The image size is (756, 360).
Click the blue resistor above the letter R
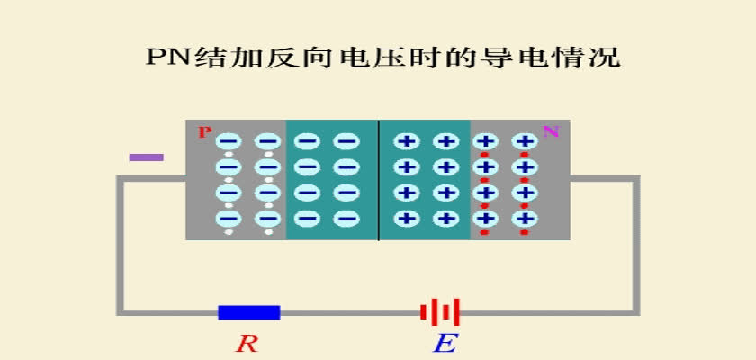pos(248,312)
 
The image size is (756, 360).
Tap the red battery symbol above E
pos(440,312)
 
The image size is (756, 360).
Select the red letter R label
pos(247,344)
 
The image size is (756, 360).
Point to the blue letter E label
pos(445,344)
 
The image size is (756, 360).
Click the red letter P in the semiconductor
pos(205,132)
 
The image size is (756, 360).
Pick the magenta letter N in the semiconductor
pos(551,131)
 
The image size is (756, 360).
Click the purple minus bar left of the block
pos(146,157)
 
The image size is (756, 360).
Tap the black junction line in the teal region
pos(379,180)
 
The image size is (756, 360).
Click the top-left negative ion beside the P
pos(229,141)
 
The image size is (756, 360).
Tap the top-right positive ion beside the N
pos(525,141)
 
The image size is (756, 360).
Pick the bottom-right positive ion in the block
pos(525,219)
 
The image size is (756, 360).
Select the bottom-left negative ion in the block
pos(229,219)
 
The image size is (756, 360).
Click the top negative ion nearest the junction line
pos(346,141)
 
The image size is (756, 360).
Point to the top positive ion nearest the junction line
pos(407,141)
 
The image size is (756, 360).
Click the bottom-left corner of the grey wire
pos(120,312)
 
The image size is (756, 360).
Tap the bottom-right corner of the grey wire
pos(637,312)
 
